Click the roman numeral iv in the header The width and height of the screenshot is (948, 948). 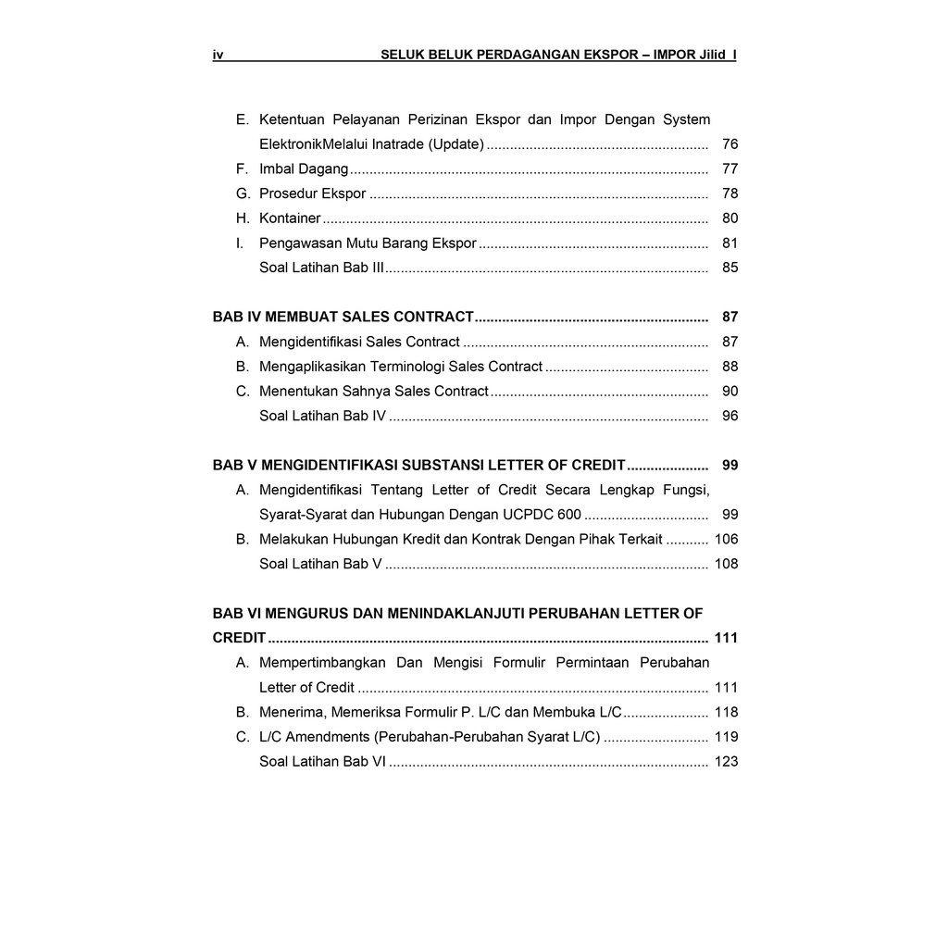(x=218, y=56)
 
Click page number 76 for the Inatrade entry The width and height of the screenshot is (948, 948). (x=730, y=144)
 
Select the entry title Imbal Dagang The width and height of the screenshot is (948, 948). (x=304, y=169)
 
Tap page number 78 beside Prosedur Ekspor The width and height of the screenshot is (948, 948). (x=730, y=193)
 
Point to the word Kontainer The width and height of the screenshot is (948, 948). (x=290, y=218)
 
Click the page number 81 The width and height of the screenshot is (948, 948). (x=730, y=243)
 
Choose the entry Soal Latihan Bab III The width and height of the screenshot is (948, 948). (x=321, y=268)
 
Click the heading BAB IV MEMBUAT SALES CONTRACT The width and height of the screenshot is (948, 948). (x=343, y=318)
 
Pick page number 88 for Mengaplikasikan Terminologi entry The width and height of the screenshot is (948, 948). (x=730, y=367)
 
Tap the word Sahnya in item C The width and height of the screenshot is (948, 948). (x=368, y=392)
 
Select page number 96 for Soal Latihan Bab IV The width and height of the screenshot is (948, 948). (x=730, y=416)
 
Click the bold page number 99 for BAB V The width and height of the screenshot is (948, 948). (x=730, y=466)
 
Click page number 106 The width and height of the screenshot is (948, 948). (x=726, y=539)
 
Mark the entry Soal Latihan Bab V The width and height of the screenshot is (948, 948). (x=320, y=564)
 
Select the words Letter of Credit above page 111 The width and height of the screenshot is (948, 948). (x=306, y=688)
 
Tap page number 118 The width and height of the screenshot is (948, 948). (x=726, y=712)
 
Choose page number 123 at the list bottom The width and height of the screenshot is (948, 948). (x=726, y=762)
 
